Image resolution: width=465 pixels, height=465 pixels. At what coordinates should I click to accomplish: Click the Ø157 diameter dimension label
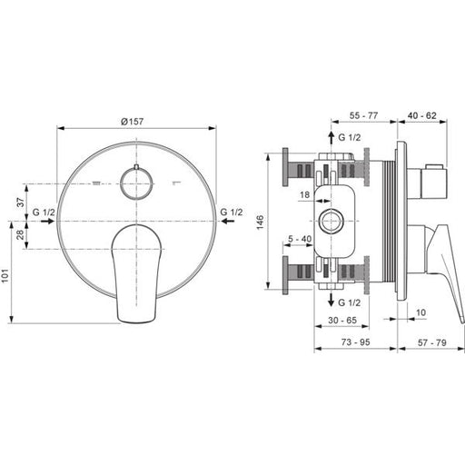[x=132, y=122]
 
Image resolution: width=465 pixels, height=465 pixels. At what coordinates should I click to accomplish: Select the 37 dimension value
[x=20, y=202]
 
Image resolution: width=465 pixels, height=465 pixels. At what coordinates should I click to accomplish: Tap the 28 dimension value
[x=20, y=234]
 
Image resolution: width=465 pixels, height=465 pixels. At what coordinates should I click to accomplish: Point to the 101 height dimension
[x=5, y=275]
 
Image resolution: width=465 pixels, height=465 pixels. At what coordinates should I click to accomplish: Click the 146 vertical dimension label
[x=261, y=223]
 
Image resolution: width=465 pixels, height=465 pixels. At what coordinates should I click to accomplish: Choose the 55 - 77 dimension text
[x=363, y=115]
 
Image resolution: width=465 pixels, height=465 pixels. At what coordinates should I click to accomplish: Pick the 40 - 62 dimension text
[x=421, y=115]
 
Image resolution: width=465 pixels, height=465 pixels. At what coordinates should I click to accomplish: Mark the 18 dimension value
[x=304, y=194]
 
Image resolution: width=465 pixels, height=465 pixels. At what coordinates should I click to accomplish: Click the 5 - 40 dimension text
[x=300, y=239]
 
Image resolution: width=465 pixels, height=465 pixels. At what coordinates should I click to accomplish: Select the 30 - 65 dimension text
[x=342, y=320]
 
